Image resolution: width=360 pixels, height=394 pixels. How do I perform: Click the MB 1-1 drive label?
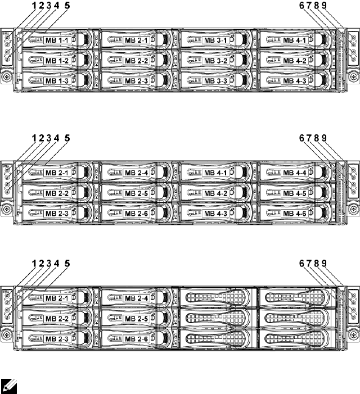click(x=56, y=40)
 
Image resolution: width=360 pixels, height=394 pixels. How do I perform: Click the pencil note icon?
click(x=9, y=385)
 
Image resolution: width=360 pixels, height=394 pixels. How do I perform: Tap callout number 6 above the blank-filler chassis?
click(x=302, y=263)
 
